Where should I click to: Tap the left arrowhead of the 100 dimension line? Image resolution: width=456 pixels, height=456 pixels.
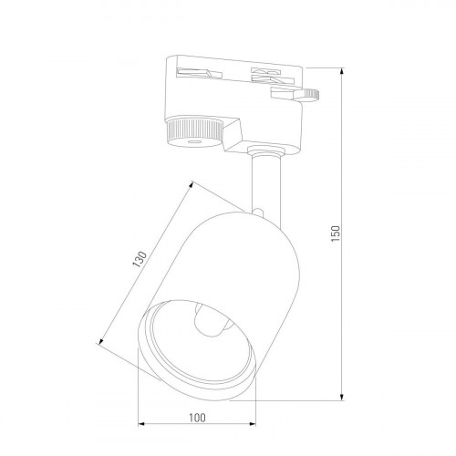pos(141,425)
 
